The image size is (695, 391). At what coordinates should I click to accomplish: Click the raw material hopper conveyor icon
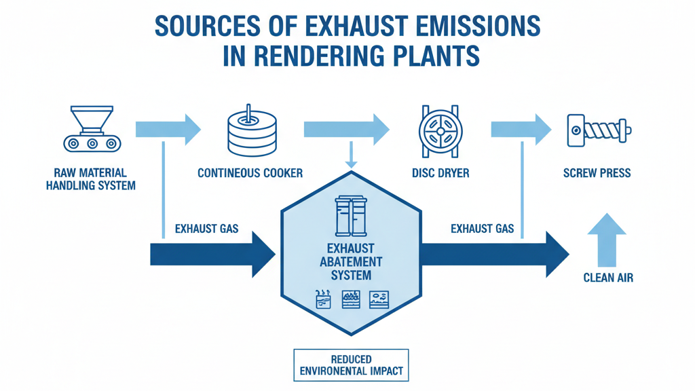pyautogui.click(x=90, y=129)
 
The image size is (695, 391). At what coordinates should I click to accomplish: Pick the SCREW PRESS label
pyautogui.click(x=597, y=173)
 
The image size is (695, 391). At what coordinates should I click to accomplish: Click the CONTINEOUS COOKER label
pyautogui.click(x=250, y=173)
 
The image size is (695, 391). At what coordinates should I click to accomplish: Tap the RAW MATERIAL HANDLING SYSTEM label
pyautogui.click(x=90, y=179)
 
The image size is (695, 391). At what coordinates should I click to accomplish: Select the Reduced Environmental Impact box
pyautogui.click(x=351, y=365)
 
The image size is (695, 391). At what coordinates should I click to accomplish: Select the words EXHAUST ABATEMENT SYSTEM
pyautogui.click(x=351, y=261)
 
